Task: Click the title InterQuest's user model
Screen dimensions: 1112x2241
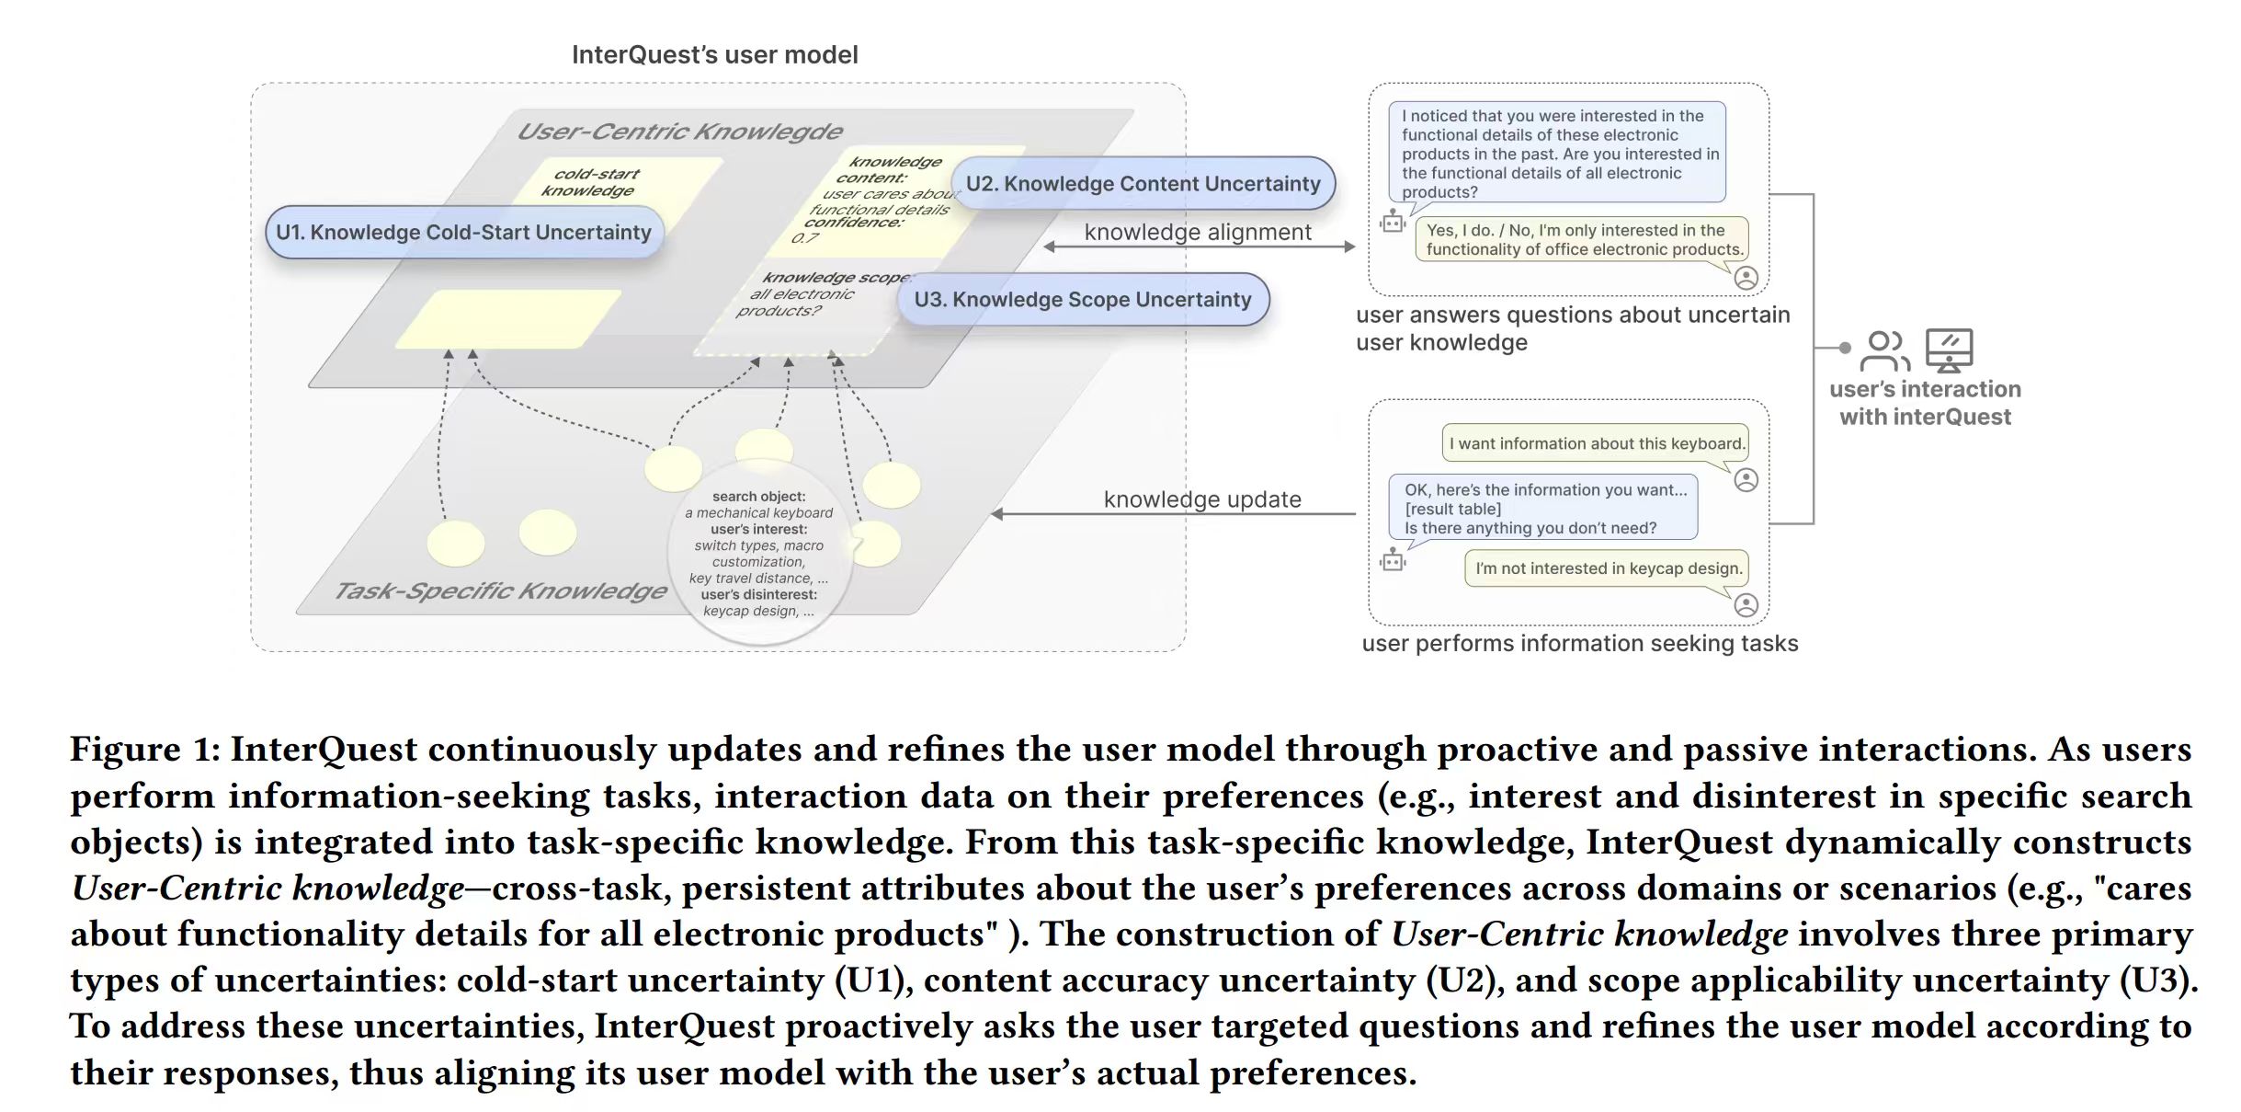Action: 714,55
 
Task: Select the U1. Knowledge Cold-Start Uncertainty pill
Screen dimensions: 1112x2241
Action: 463,232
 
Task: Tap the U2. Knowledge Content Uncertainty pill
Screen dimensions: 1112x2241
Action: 1143,183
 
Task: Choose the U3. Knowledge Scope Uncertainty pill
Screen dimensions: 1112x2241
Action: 1082,299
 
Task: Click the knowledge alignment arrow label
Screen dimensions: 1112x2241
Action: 1197,232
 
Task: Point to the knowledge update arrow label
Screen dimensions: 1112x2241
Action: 1201,499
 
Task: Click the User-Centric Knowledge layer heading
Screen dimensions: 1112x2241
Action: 679,132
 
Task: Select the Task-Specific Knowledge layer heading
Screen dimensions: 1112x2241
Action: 500,590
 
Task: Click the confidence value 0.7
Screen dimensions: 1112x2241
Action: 804,238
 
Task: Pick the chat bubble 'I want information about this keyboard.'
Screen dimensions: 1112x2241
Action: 1596,443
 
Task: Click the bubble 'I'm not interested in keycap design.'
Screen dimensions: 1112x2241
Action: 1608,568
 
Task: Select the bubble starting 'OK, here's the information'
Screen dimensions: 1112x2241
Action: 1543,508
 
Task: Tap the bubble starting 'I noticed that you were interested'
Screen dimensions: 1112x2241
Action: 1557,153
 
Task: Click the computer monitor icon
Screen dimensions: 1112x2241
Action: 1949,350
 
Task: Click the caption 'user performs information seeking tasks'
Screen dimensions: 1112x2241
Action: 1579,643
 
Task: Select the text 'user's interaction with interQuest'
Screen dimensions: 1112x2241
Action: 1925,403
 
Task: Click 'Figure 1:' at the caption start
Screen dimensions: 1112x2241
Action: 144,749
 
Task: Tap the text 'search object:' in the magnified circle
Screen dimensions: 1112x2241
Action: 758,497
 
